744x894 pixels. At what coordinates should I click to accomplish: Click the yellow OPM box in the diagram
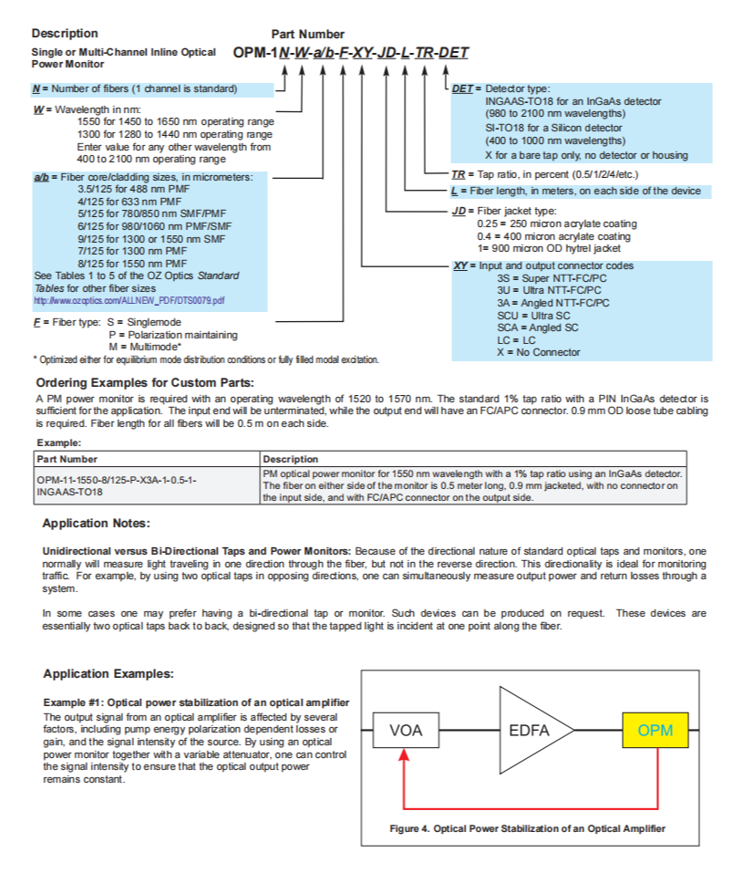click(x=656, y=730)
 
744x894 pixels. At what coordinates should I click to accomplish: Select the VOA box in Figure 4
click(x=406, y=730)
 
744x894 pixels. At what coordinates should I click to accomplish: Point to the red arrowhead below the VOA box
click(x=404, y=754)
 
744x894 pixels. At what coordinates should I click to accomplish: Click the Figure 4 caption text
click(x=527, y=828)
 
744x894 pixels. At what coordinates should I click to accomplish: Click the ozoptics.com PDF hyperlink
click(x=129, y=300)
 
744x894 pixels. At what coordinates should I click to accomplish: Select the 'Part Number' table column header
click(x=67, y=459)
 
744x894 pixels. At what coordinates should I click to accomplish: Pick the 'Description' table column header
click(x=291, y=459)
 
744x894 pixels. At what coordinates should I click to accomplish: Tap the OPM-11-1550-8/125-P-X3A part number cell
click(x=117, y=485)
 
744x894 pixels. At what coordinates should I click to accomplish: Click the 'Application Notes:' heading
click(x=97, y=524)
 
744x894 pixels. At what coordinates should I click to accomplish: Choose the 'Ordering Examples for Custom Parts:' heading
click(x=145, y=382)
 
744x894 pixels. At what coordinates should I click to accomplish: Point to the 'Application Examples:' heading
click(x=108, y=673)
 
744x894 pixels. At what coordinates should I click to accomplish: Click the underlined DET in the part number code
click(x=453, y=53)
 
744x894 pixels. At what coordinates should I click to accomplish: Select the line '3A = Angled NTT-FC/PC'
click(x=553, y=303)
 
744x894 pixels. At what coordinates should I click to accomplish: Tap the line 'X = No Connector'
click(x=538, y=352)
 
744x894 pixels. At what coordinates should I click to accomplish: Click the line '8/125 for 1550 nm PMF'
click(x=132, y=264)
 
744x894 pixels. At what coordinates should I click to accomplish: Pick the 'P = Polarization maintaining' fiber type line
click(x=173, y=335)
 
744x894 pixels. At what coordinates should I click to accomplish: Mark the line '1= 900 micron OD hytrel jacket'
click(x=549, y=248)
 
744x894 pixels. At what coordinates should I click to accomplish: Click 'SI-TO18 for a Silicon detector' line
click(x=553, y=129)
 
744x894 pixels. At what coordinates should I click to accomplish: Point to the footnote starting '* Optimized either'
click(x=206, y=359)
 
